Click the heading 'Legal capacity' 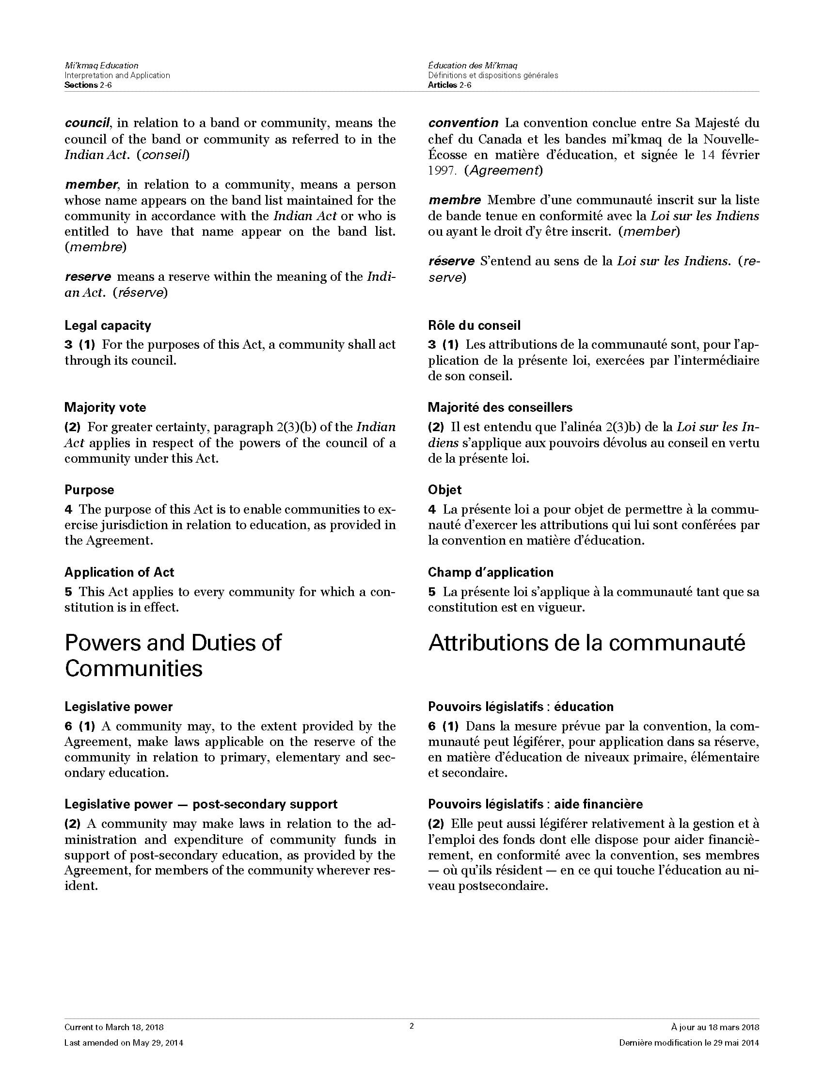(x=108, y=325)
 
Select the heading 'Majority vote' (x=105, y=407)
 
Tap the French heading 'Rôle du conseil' (x=474, y=325)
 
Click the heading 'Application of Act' (x=119, y=572)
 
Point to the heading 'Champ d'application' (x=491, y=572)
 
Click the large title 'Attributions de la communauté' (x=586, y=643)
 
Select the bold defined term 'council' (x=86, y=123)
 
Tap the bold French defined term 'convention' (x=463, y=123)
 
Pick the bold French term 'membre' (x=455, y=200)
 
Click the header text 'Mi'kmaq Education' (x=101, y=65)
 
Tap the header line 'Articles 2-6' (x=450, y=85)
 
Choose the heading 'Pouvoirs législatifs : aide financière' (x=535, y=804)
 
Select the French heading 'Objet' (x=444, y=490)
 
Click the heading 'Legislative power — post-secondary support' (x=201, y=804)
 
